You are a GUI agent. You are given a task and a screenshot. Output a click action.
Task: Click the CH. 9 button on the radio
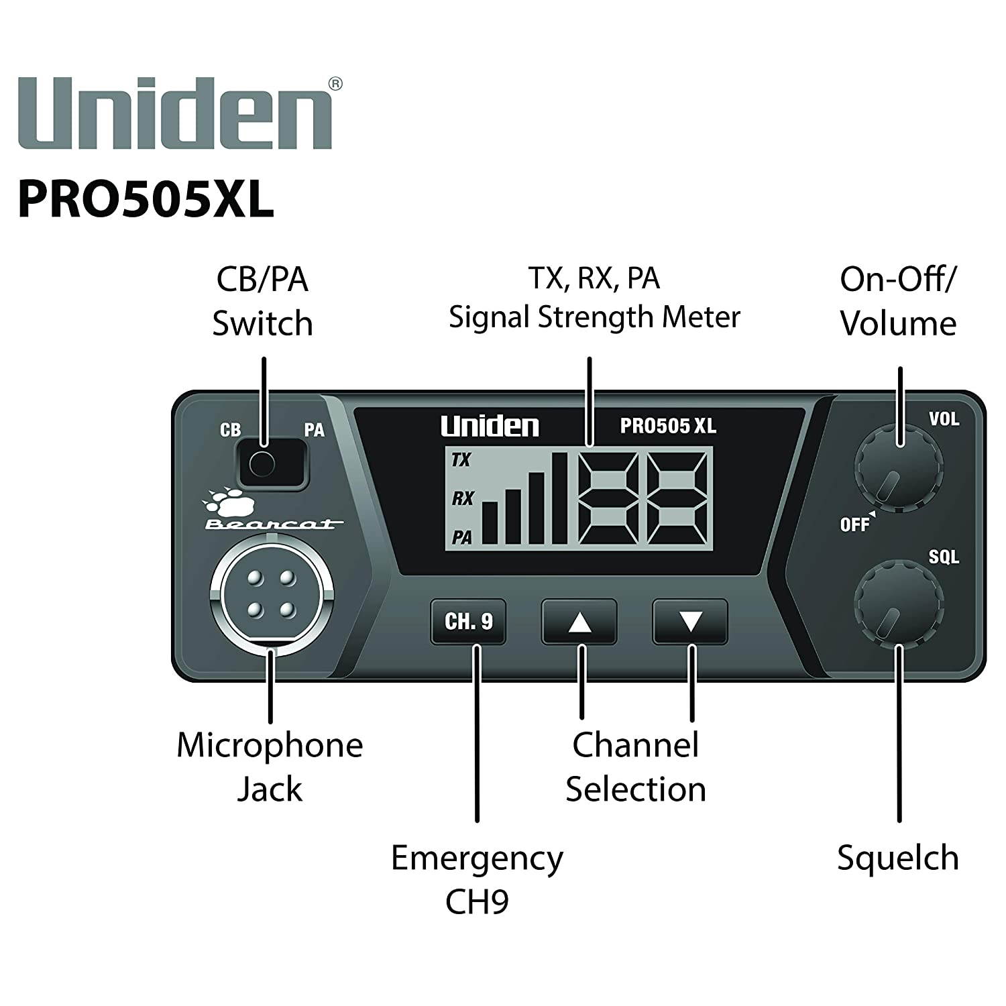pos(468,622)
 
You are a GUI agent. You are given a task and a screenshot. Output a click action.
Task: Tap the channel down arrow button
pos(690,622)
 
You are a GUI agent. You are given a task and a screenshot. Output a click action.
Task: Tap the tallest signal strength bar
pos(559,498)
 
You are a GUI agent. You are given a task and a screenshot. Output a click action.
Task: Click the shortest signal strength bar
pos(490,522)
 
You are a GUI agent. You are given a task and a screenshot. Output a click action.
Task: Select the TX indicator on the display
pos(461,460)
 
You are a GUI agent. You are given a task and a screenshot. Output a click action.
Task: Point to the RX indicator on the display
pos(462,498)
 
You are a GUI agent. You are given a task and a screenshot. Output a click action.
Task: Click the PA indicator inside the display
pos(461,537)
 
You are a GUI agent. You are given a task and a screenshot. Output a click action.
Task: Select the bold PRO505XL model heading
pos(146,199)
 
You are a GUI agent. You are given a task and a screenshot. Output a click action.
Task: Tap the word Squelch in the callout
pos(897,858)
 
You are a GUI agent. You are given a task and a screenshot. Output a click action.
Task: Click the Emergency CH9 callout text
pos(477,879)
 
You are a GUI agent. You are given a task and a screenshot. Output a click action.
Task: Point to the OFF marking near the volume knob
pos(854,524)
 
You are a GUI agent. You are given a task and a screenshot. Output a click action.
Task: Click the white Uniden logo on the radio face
pos(490,427)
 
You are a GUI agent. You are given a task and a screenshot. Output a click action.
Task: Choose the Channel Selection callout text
pos(635,767)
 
